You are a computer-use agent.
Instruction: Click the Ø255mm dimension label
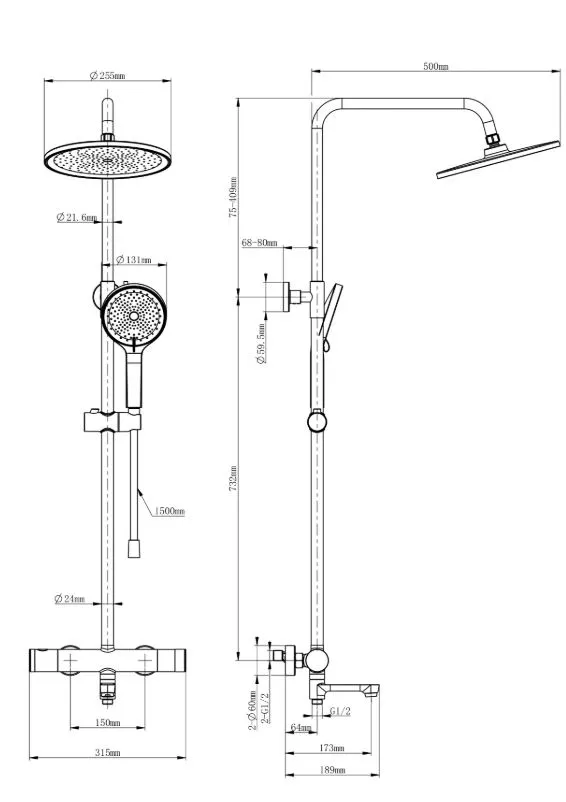click(x=107, y=76)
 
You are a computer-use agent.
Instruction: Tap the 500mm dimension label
click(x=436, y=66)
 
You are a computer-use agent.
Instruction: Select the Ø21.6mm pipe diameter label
click(x=77, y=217)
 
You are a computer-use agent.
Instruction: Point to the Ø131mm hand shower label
click(x=134, y=260)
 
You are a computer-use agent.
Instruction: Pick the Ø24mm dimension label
click(x=70, y=598)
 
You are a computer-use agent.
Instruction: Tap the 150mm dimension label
click(x=108, y=723)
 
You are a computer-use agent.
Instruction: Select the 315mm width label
click(x=108, y=752)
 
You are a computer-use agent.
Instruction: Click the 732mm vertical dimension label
click(x=233, y=479)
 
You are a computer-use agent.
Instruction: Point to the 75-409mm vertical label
click(x=233, y=197)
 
